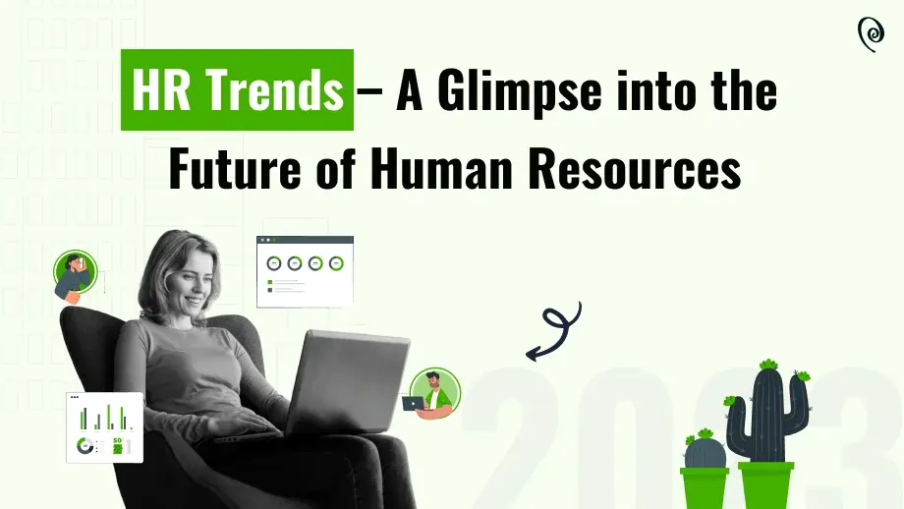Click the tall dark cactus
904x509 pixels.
pos(766,418)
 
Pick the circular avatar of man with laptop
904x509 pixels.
pos(432,394)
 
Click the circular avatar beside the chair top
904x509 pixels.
pos(76,274)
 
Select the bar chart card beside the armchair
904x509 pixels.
pos(104,427)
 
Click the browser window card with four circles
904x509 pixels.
pos(305,270)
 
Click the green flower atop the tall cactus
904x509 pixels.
pos(768,365)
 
